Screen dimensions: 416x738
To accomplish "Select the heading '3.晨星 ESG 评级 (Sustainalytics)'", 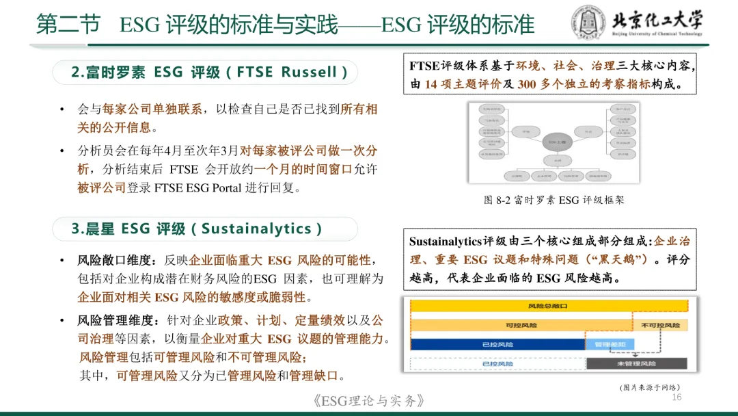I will point(197,229).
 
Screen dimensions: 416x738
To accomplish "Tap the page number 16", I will point(678,398).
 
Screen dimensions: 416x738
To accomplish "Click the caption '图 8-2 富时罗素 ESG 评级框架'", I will point(553,200).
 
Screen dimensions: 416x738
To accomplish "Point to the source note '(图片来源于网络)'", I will point(650,387).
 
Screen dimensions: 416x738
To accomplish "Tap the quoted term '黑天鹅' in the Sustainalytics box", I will point(622,260).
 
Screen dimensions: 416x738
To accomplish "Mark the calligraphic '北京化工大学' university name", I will point(655,21).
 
